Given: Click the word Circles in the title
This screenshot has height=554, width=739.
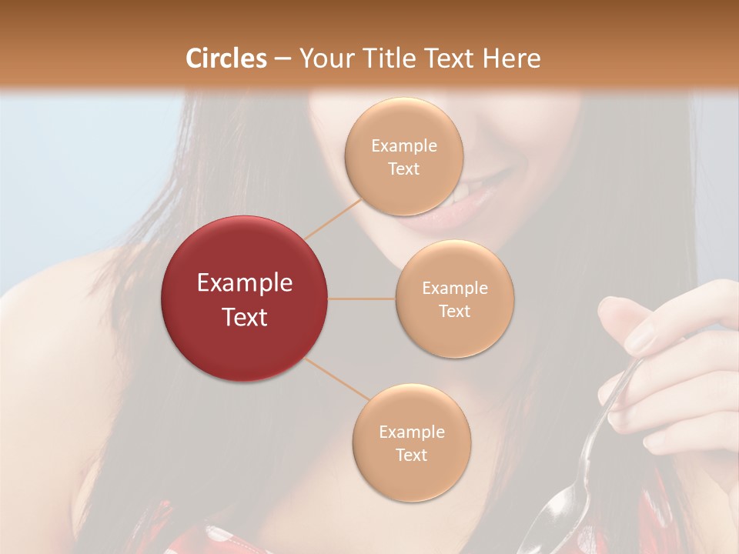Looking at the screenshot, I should click(226, 58).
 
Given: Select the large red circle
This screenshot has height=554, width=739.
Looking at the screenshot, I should click(245, 299).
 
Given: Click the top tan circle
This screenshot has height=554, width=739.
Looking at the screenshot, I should click(403, 157).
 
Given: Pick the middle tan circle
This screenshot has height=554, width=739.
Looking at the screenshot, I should click(454, 299).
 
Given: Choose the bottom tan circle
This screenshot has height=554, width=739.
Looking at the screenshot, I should click(411, 442).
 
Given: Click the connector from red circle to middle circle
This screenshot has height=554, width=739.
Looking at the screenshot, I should click(362, 299).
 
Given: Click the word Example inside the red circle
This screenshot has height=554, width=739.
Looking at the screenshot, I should click(245, 283).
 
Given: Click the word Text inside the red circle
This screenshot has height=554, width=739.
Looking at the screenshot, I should click(245, 317).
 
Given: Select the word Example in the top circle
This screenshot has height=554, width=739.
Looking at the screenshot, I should click(403, 146).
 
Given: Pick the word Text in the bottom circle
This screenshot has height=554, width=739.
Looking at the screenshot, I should click(411, 455).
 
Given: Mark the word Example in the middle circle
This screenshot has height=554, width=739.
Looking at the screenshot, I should click(454, 289).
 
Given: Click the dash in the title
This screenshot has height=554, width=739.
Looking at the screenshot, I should click(283, 58).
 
